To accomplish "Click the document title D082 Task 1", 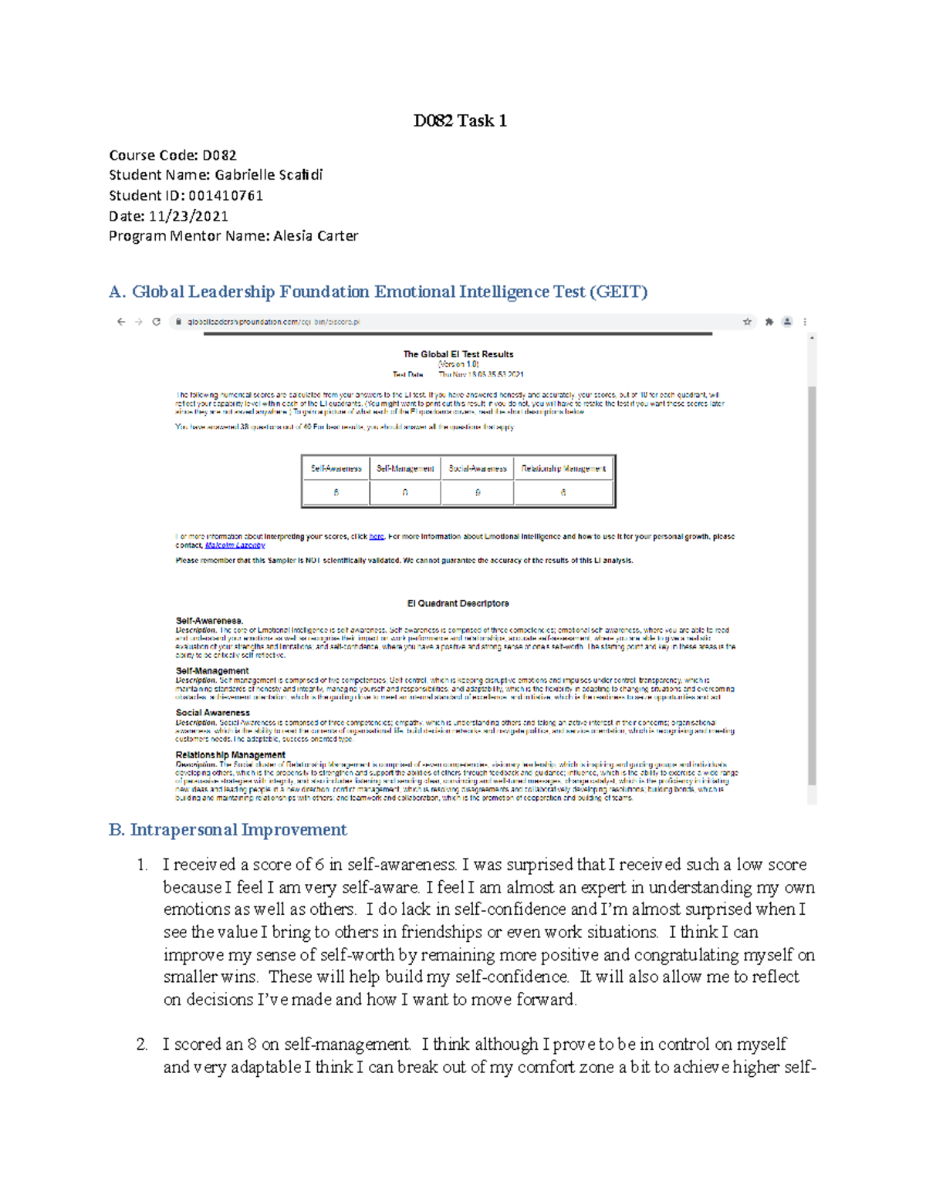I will click(460, 120).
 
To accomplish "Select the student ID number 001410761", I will click(225, 196).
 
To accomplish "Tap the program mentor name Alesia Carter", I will click(315, 236).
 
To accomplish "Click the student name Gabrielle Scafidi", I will click(269, 175).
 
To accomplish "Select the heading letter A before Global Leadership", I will click(116, 292).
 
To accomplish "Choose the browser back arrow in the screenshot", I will click(121, 322).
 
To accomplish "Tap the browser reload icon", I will click(157, 322).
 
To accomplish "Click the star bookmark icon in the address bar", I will click(747, 322).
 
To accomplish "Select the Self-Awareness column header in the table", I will click(336, 468).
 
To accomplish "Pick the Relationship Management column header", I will click(563, 468).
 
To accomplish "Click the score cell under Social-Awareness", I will click(478, 492).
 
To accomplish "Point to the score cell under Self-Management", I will click(405, 492).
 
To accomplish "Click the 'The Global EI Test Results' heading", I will click(458, 354).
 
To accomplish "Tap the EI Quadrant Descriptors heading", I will click(458, 603).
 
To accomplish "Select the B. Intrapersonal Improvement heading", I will click(228, 830).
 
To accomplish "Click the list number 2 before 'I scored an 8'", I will click(141, 1044).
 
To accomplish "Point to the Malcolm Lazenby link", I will click(235, 545).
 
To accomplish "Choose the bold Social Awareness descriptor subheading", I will click(213, 713).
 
